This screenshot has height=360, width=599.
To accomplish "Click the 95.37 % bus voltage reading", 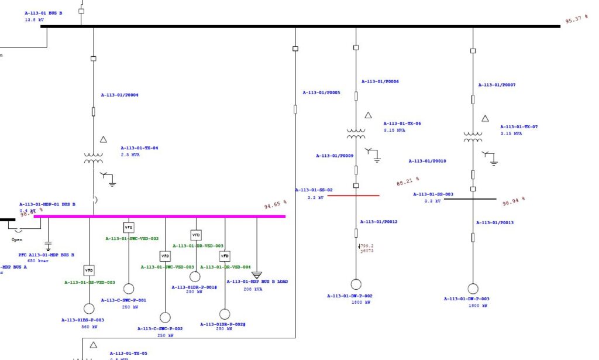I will point(577,19).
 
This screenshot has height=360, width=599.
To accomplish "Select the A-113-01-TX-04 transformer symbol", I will point(93,159).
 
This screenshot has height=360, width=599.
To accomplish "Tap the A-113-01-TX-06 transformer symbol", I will point(356,134).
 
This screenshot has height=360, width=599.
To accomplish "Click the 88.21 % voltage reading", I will point(408,181).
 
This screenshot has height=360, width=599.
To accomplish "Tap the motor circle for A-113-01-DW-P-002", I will point(356,284).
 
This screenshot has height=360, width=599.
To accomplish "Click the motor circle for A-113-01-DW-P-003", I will point(473,289).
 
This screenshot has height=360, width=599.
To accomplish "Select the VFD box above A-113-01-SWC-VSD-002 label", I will point(129,227).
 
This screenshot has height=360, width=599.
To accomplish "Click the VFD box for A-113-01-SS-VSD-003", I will point(89,270).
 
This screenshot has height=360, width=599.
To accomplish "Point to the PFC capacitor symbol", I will point(48,242).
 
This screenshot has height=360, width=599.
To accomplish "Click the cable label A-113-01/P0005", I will point(321,92).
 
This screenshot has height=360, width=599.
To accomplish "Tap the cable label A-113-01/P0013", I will point(494,222).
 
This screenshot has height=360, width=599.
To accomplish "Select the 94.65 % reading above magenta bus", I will point(276,205).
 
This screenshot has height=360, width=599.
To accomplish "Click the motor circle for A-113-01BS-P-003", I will point(89,308).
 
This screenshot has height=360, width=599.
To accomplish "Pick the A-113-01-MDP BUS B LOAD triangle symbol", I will point(256,275).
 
